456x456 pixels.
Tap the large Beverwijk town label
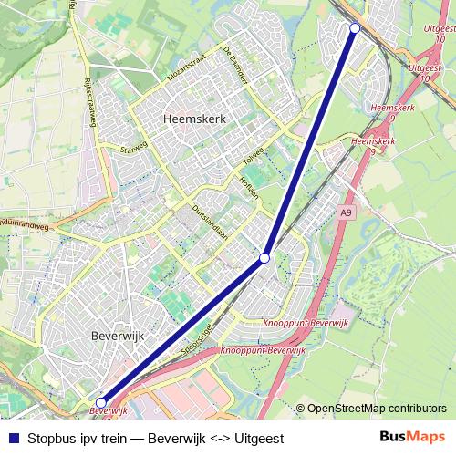[118, 336]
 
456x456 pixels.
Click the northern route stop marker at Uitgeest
[355, 28]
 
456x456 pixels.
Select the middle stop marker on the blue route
[264, 259]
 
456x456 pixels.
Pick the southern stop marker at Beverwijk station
[100, 402]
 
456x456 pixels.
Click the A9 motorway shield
[345, 212]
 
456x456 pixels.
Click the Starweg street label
[133, 148]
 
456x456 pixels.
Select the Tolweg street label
[254, 157]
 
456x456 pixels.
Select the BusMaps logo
[412, 437]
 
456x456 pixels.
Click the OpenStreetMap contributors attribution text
[377, 409]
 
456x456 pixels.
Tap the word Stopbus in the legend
[51, 439]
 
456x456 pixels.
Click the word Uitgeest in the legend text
[259, 439]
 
